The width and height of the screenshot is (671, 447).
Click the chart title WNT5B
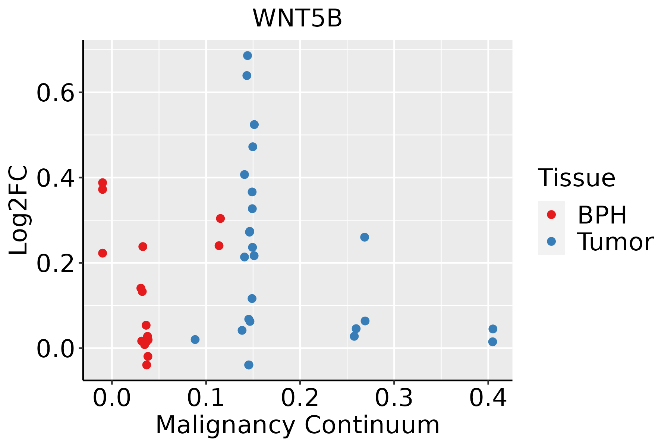pyautogui.click(x=297, y=18)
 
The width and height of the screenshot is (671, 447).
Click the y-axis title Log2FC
pyautogui.click(x=19, y=210)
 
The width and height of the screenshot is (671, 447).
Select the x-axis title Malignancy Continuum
pyautogui.click(x=297, y=425)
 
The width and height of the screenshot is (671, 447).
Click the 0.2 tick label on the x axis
pyautogui.click(x=300, y=398)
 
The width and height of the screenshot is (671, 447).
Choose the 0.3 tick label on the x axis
pyautogui.click(x=394, y=398)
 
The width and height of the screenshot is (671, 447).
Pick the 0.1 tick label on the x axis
pyautogui.click(x=206, y=398)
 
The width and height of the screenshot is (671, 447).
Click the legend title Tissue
pyautogui.click(x=577, y=178)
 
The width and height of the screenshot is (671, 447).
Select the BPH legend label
pyautogui.click(x=602, y=215)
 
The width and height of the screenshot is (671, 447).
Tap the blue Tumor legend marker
pyautogui.click(x=551, y=241)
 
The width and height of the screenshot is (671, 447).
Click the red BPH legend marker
pyautogui.click(x=551, y=215)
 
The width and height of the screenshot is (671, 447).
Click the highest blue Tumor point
pyautogui.click(x=248, y=56)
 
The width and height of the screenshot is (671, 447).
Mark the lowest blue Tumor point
pyautogui.click(x=249, y=365)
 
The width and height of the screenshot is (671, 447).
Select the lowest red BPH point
pyautogui.click(x=147, y=365)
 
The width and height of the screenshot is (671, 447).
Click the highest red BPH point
pyautogui.click(x=103, y=183)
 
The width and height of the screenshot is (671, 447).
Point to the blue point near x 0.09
pyautogui.click(x=195, y=339)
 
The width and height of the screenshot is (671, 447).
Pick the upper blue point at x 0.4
pyautogui.click(x=493, y=329)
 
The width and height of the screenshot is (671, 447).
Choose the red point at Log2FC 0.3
pyautogui.click(x=220, y=218)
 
